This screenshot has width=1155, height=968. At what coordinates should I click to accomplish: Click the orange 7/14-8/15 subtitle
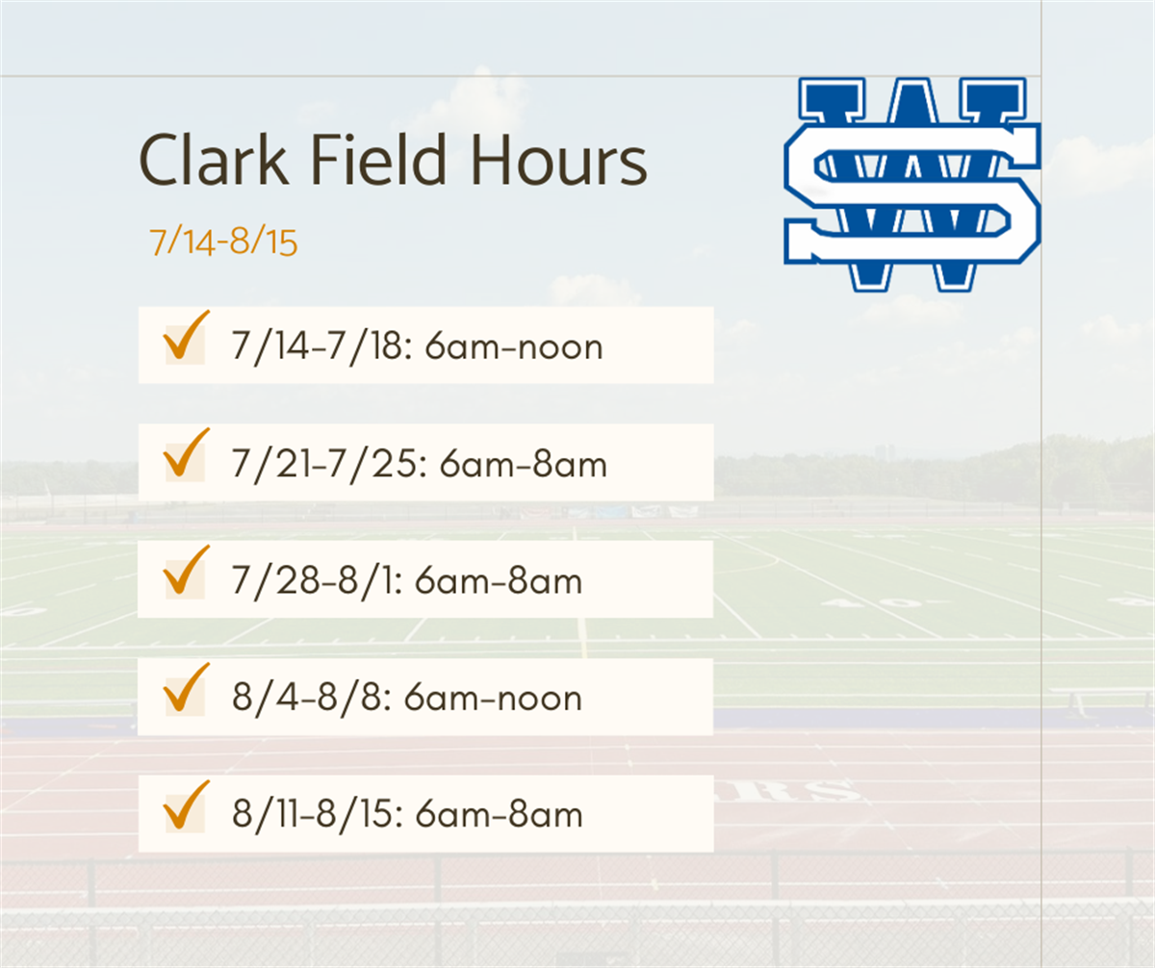223,242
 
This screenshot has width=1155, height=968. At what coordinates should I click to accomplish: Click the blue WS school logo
911,183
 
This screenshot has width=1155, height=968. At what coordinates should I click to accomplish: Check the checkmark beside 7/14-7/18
186,339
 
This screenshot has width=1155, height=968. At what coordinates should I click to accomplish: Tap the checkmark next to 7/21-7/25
186,456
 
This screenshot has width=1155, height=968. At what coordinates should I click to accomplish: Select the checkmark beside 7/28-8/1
186,573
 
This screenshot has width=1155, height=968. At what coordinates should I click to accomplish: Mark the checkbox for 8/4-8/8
186,690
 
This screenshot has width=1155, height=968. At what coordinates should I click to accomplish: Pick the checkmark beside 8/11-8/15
186,807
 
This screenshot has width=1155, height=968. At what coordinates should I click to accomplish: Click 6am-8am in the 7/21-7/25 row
524,465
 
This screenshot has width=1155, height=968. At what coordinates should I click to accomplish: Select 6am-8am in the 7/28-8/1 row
500,582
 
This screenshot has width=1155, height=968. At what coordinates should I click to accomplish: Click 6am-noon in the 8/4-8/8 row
493,699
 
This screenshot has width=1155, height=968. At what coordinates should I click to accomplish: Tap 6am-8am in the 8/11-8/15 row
500,816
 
